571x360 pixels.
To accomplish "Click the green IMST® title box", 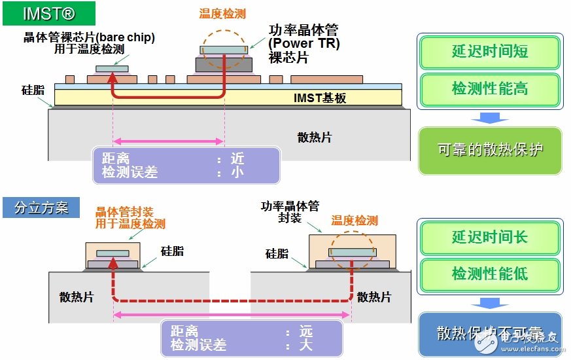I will (49, 13).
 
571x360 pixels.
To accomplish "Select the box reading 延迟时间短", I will (490, 52).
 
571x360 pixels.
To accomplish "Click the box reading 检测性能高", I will (490, 88).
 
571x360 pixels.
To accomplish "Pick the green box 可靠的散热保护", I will (490, 150).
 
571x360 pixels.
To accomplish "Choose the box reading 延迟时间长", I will (490, 237).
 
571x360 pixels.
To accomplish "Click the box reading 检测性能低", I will (490, 273).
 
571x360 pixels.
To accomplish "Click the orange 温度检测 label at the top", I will (222, 14).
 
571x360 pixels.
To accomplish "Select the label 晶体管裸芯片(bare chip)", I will (89, 38).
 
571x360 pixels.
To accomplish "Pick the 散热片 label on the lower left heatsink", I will (76, 297).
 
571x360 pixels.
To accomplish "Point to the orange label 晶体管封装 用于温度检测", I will (130, 218).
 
